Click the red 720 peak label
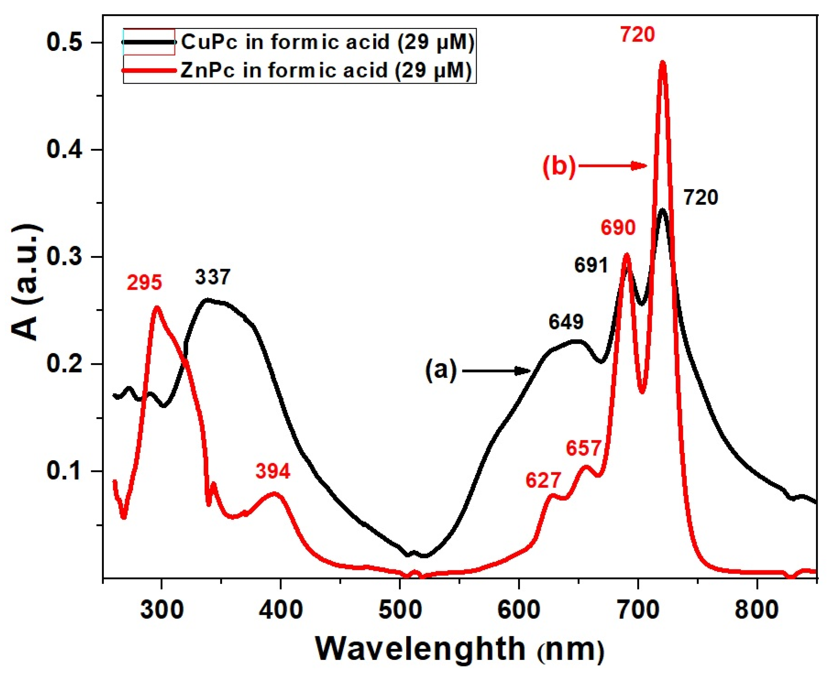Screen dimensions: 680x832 637,35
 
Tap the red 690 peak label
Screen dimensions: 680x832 618,228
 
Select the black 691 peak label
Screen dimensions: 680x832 591,266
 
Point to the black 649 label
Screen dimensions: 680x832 566,322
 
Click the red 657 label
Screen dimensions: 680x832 583,448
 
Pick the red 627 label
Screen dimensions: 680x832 544,480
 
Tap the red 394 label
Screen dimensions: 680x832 273,471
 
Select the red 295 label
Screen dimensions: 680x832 144,282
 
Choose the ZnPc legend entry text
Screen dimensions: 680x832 325,71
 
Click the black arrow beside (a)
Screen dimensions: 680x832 496,371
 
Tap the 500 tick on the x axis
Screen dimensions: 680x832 400,610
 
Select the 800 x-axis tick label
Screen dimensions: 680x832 756,610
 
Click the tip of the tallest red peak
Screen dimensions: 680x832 663,62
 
